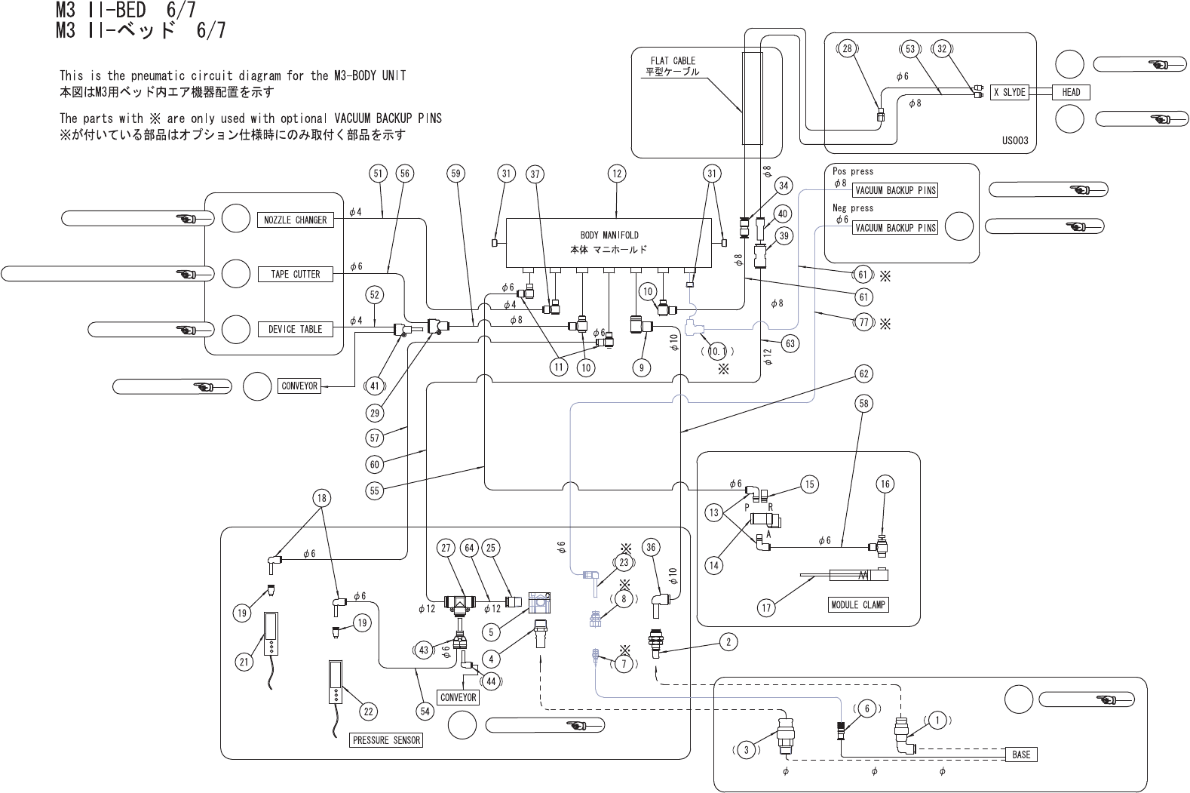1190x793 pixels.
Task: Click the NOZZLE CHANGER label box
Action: (295, 220)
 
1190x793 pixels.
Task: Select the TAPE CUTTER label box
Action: (295, 275)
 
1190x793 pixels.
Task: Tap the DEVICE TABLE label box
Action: (295, 329)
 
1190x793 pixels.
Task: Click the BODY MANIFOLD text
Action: (609, 235)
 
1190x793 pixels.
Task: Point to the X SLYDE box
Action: (1009, 92)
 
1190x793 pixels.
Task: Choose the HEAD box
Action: (1071, 92)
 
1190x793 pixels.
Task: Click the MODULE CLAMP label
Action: (858, 604)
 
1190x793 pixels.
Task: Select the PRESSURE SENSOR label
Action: (386, 740)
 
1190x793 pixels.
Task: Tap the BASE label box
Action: (1021, 755)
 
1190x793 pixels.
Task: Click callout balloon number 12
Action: (617, 174)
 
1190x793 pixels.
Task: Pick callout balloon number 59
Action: (455, 174)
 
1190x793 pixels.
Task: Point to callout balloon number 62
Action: (863, 373)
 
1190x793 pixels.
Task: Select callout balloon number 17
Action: (766, 607)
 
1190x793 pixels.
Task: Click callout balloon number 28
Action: (847, 49)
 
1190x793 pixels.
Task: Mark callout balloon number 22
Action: (367, 711)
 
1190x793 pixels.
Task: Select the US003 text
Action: (1014, 141)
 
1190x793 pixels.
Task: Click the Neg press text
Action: (852, 208)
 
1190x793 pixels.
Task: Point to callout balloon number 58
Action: (863, 404)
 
